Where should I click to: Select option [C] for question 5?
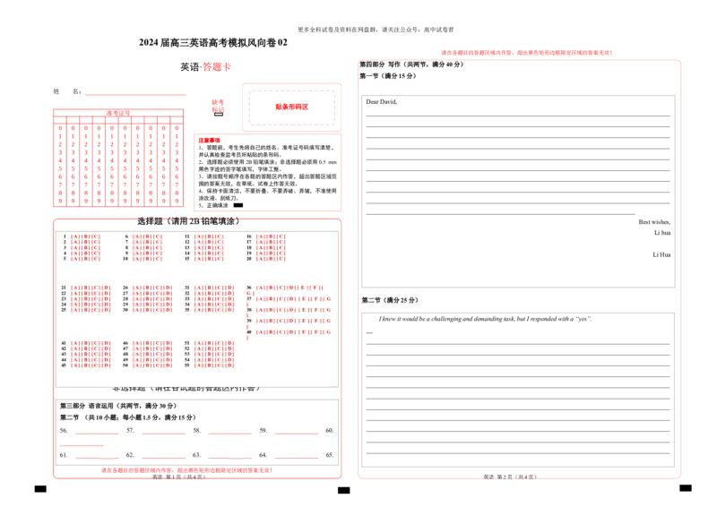click(x=95, y=259)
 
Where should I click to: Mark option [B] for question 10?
click(x=147, y=259)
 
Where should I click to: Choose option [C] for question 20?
click(x=281, y=259)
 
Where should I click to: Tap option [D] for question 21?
click(x=107, y=288)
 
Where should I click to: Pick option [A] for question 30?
click(x=137, y=310)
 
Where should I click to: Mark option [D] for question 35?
click(x=230, y=310)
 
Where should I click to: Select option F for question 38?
click(x=315, y=310)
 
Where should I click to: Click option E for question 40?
click(x=303, y=331)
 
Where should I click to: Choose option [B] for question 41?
click(x=85, y=343)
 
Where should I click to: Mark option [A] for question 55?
click(x=199, y=365)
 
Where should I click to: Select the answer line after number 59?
click(x=296, y=432)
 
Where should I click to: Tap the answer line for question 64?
click(x=296, y=457)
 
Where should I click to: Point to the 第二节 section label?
click(x=69, y=418)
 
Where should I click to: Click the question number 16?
click(x=249, y=237)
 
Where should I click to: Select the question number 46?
click(x=125, y=343)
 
